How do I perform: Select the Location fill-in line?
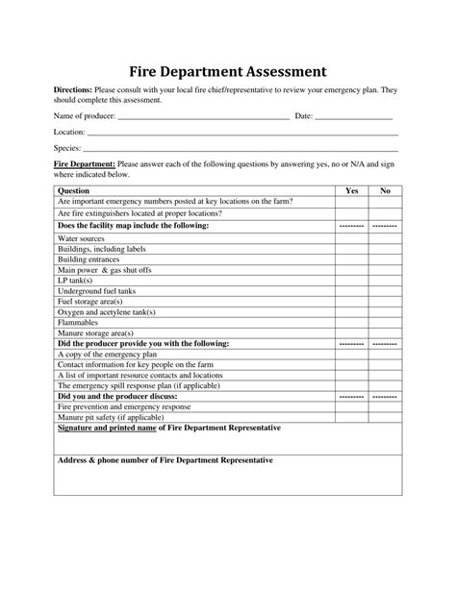pos(241,134)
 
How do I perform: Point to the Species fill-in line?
pos(240,151)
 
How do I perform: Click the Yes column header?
pos(351,191)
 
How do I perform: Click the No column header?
pos(385,191)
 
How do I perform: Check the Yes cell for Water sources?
pos(351,236)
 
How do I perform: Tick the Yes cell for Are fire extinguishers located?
pos(351,213)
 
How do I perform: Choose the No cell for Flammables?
pos(385,322)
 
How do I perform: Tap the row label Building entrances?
pos(91,258)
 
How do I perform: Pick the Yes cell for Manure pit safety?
pos(351,417)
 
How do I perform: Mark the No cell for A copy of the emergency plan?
pos(385,354)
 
